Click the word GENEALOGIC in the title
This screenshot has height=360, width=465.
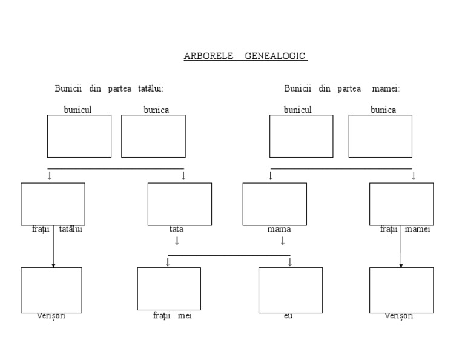point(276,56)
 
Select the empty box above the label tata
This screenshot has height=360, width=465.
point(180,204)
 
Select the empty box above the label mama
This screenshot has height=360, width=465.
point(274,204)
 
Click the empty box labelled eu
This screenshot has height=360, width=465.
point(290,290)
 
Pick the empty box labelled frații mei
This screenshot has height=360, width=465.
point(169,288)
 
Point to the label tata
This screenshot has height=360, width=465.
point(176,229)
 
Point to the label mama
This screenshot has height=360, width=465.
point(279,229)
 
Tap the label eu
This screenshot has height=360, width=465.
point(288,316)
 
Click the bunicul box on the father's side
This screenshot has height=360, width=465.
point(79,136)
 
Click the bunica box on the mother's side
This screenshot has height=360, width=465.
point(380,136)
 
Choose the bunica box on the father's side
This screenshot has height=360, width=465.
point(153,136)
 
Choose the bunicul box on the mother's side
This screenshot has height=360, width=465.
point(301,136)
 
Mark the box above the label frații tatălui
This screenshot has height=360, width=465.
point(53,204)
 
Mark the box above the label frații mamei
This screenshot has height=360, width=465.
point(401,204)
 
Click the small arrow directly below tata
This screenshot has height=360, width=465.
point(177,241)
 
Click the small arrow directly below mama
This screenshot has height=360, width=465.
point(282,241)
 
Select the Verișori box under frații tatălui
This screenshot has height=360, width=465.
point(51,290)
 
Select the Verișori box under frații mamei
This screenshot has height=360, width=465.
point(401,290)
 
